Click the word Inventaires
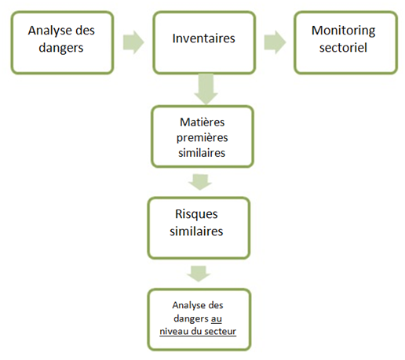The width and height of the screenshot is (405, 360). pos(203,38)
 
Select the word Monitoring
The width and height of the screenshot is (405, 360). pos(343,31)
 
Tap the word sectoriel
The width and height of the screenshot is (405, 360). pos(343,47)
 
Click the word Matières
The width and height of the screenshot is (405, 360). pos(202,122)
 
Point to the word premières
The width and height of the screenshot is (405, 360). pos(202,138)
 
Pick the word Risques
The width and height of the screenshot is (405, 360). pos(196,214)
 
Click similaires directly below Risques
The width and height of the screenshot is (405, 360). pos(196,231)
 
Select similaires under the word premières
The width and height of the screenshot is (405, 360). pos(202,153)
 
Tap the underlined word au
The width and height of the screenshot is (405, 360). pos(217,318)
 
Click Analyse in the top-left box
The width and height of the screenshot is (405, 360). pos(48,31)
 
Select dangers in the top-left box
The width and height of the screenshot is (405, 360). pos(61,48)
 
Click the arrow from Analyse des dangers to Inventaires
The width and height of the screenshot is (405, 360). pos(133,42)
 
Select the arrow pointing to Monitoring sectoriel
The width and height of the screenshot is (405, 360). pos(275,42)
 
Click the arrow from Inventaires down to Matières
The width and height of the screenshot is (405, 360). pos(206,89)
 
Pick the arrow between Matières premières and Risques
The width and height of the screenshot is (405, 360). pos(200,182)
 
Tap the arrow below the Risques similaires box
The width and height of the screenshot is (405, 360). pos(199,274)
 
